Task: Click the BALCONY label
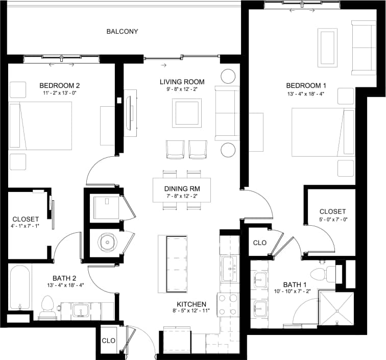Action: pos(122,31)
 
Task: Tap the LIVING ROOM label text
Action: pos(182,82)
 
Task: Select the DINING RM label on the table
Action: pos(182,188)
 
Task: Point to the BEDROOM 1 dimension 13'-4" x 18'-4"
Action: pos(305,94)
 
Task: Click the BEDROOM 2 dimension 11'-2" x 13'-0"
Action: pos(59,94)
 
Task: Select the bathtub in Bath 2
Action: pos(20,287)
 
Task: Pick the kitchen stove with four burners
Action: pos(227,305)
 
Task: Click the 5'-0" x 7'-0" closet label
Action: pos(332,215)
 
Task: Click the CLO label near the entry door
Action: pos(109,341)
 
